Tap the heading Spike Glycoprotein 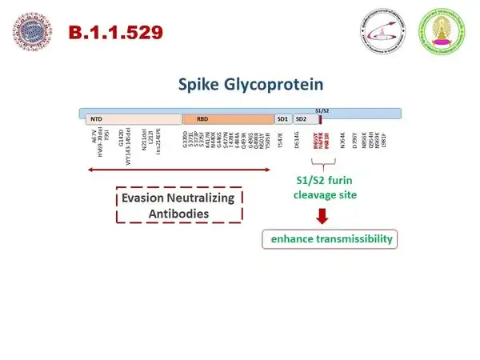[x=239, y=82]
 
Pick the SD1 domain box [x=282, y=118]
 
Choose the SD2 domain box [x=302, y=118]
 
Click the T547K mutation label [x=280, y=139]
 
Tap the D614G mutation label [x=296, y=139]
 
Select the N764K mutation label [x=343, y=139]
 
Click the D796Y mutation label [x=366, y=139]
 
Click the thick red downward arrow [x=323, y=215]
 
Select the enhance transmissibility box [x=330, y=239]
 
